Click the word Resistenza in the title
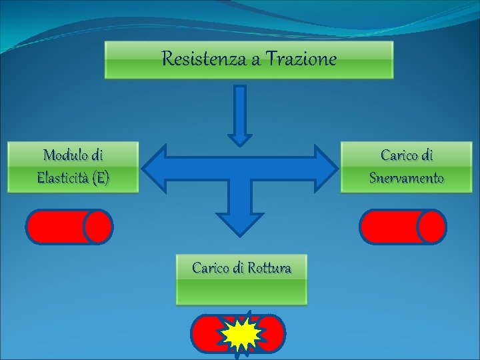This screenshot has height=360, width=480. point(203,59)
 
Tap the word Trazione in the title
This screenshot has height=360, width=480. point(301,59)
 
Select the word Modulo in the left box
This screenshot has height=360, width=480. point(64,155)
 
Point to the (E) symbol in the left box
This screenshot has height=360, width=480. point(101,178)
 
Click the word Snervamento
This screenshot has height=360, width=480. point(406,178)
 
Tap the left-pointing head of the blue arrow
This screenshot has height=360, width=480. point(157,167)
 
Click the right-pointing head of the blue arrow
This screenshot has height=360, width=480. point(325,167)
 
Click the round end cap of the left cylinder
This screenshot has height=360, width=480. point(99,227)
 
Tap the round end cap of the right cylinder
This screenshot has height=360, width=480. point(431,227)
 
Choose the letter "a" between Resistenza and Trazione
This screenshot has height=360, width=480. point(256,60)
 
